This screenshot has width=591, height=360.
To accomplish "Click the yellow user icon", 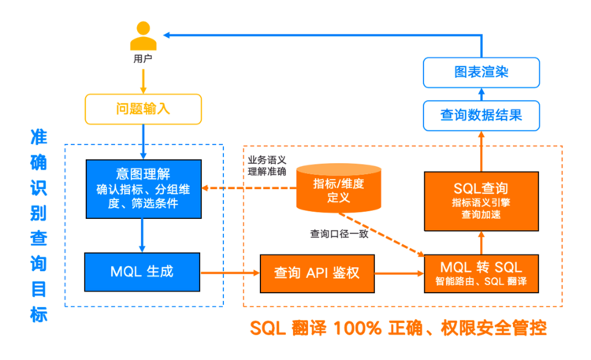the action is tap(143, 35).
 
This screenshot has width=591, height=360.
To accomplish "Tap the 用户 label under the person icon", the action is tap(143, 59).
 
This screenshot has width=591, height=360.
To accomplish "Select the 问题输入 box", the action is tap(143, 109).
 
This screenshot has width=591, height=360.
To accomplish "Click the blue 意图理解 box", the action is tap(143, 189).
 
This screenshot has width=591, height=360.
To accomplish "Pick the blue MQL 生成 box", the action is tap(142, 272).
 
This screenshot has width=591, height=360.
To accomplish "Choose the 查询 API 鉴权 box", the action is tap(317, 273).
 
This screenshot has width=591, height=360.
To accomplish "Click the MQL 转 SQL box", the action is tap(481, 273).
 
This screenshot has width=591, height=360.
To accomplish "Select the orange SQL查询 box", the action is tap(481, 201).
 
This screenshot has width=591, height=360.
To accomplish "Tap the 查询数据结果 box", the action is tap(481, 115).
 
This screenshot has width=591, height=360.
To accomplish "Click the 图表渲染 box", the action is tap(481, 72).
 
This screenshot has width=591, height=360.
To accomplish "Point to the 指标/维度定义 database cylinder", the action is tap(339, 188).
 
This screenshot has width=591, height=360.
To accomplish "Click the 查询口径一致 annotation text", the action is tap(339, 234).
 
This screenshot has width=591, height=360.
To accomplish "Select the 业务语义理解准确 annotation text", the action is tap(267, 166).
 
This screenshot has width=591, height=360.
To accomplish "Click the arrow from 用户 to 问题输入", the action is tap(143, 81).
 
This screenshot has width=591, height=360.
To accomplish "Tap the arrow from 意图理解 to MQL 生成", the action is tap(142, 236).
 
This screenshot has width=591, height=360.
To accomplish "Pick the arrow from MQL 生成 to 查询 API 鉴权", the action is tap(230, 273).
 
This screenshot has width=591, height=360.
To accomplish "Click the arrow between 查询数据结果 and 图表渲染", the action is tap(481, 95).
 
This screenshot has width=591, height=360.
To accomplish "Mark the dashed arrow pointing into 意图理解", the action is tap(249, 187).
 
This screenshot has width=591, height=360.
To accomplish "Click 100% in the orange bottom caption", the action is tap(357, 328).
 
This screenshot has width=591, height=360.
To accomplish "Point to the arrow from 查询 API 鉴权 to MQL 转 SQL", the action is tap(400, 273).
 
